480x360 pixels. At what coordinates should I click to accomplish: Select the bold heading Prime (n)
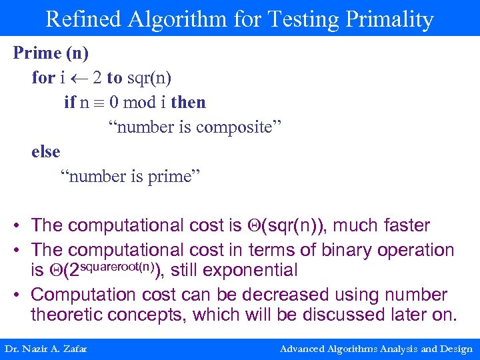coord(51,53)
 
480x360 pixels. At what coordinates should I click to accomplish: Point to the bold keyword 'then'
coord(188,102)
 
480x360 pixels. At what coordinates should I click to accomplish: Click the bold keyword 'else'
coord(45,151)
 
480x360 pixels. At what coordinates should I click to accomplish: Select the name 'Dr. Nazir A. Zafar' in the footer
coord(45,349)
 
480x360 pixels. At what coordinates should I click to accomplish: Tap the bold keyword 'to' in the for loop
coord(115,78)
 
